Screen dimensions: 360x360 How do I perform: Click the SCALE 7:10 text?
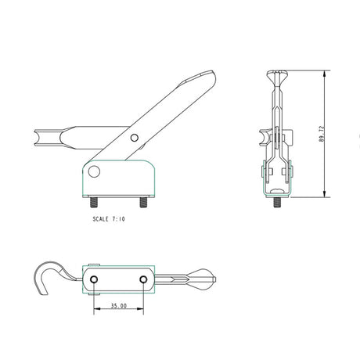[108, 220]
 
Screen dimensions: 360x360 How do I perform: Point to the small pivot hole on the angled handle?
[135, 139]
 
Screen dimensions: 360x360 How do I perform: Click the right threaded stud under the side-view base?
[144, 201]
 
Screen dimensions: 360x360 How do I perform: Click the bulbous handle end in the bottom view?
[202, 275]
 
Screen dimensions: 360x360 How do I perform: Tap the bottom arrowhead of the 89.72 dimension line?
[324, 196]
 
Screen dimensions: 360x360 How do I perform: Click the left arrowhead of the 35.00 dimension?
[96, 310]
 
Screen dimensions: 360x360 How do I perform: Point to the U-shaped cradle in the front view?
[275, 138]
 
